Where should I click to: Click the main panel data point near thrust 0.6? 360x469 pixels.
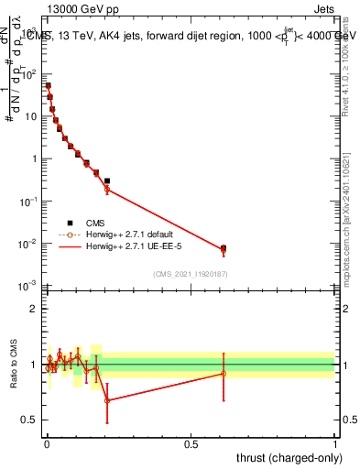224,248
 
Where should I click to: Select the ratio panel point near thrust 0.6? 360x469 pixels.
224,373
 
